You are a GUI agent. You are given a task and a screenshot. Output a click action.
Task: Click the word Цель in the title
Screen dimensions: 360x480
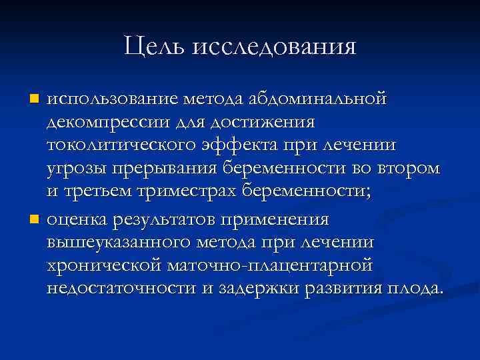coord(155,47)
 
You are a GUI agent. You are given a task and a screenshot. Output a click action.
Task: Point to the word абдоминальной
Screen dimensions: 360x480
coord(316,99)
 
